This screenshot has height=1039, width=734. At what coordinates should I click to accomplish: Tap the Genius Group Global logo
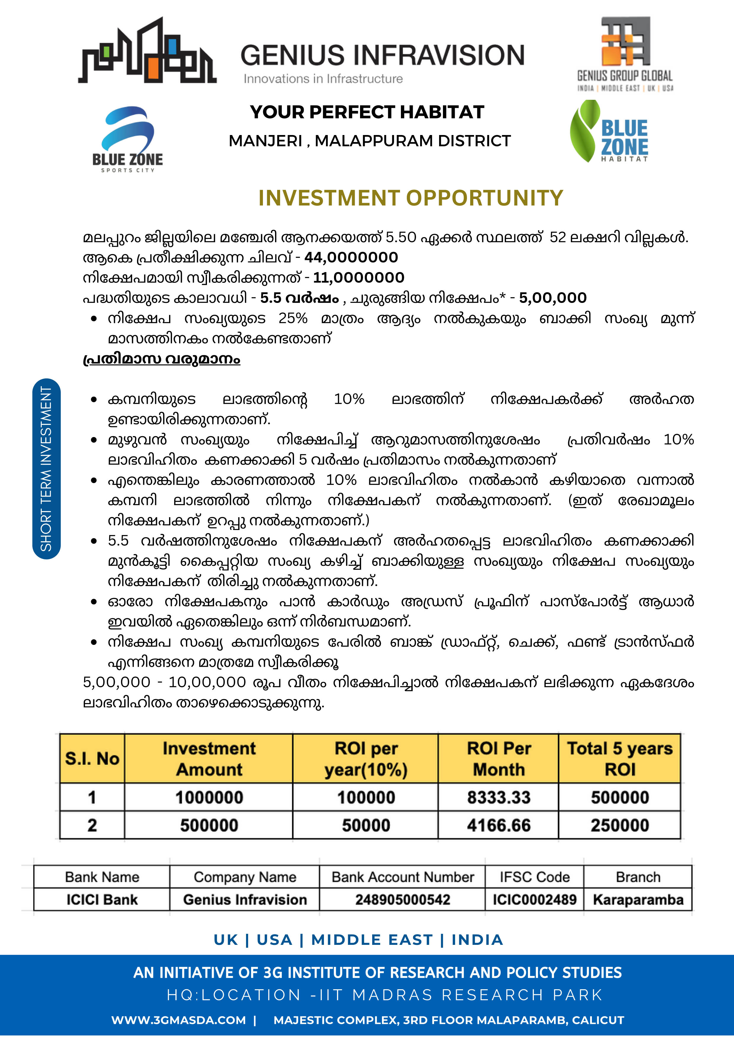[625, 53]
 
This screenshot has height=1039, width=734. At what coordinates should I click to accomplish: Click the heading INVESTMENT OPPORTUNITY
[410, 198]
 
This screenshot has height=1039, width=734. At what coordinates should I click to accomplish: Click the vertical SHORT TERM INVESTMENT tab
[46, 468]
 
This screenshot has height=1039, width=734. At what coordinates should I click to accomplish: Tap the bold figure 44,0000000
[351, 258]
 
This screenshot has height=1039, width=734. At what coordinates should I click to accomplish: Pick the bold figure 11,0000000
[358, 277]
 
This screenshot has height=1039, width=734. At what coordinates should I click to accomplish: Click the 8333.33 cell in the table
[498, 797]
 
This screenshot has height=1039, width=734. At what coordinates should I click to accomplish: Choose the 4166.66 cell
[498, 826]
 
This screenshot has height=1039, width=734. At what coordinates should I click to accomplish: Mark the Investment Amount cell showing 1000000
[209, 797]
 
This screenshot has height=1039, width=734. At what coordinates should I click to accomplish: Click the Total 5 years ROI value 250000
[619, 826]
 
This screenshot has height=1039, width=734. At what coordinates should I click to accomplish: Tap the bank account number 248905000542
[402, 899]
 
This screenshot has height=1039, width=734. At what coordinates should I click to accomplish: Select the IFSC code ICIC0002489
[534, 899]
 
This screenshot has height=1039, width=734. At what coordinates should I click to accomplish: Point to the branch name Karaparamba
[637, 899]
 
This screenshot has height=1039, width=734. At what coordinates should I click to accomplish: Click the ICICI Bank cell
[102, 899]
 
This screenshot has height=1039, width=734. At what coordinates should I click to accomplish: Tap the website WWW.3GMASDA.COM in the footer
[179, 1020]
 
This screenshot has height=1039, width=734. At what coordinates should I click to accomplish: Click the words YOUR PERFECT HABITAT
[367, 112]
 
